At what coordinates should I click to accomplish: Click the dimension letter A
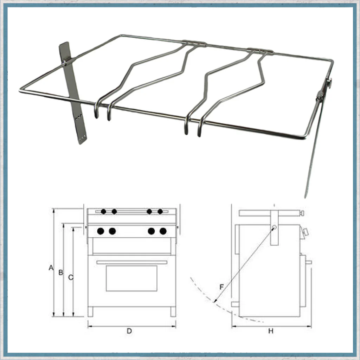(51, 268)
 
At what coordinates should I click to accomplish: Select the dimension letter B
(60, 272)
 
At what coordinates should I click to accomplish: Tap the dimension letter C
(71, 277)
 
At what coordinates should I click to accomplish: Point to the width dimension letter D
(129, 331)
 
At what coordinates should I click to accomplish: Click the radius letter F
(221, 287)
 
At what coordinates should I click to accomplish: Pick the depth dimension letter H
(271, 331)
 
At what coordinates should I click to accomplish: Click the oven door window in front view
(131, 278)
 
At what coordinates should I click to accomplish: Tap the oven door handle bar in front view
(132, 262)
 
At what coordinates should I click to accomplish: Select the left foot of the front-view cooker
(91, 312)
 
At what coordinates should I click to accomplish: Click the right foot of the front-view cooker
(173, 312)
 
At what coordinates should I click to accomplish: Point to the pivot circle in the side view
(274, 227)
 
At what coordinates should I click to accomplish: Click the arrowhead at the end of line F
(215, 301)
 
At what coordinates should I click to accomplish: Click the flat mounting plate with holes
(73, 93)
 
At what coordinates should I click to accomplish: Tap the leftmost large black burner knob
(101, 231)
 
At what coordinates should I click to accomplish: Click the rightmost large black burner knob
(163, 231)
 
